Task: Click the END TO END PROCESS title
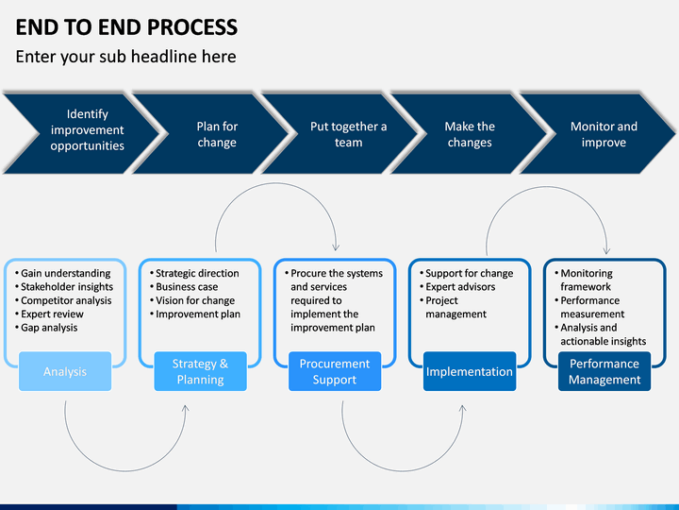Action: (126, 26)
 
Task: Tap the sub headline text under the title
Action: (126, 57)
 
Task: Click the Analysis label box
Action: (65, 371)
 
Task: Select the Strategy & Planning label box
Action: (201, 371)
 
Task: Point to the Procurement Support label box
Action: (335, 371)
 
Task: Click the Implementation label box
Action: (470, 371)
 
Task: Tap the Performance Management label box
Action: (604, 371)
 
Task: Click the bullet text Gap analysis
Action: (49, 328)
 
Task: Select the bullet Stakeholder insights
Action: (67, 287)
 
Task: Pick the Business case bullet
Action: (187, 287)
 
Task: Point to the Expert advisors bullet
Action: (460, 287)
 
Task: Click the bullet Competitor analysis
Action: (66, 300)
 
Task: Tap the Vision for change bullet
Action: (195, 300)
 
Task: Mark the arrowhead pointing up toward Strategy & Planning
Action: (186, 408)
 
